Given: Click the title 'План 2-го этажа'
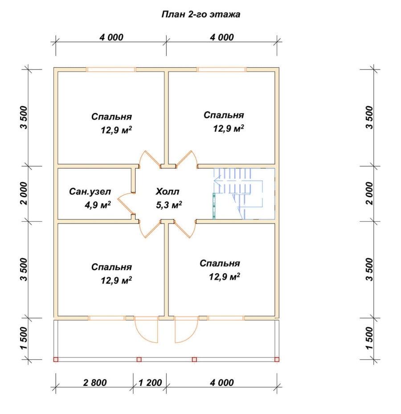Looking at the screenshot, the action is tap(200, 14).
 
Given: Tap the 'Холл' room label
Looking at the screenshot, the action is tap(168, 191).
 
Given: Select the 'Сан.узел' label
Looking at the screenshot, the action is tap(90, 191).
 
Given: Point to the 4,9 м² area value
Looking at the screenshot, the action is tap(98, 205).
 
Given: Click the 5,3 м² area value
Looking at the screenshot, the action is tap(169, 205).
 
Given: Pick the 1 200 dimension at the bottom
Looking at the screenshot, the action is tap(150, 382).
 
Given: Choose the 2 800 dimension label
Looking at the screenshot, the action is tap(94, 382).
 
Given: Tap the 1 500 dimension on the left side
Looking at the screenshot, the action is tap(24, 338).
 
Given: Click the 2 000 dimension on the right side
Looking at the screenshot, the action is tap(369, 193).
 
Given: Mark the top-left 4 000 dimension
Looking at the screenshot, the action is tap(111, 37).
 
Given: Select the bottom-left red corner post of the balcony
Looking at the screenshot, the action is tap(56, 359).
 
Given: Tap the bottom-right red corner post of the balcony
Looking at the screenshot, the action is tap(277, 359).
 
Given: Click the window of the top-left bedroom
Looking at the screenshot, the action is tap(111, 69).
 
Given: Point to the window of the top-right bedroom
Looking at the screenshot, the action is tap(221, 69).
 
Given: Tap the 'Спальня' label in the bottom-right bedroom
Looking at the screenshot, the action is tap(220, 263).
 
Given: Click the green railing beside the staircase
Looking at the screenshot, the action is tap(214, 206).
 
